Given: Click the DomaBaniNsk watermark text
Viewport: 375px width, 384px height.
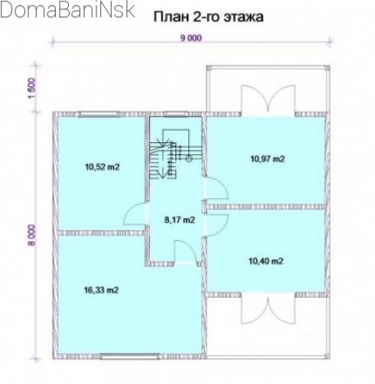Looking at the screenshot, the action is click(67, 10).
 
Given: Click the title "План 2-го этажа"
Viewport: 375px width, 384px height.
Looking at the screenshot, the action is click(208, 17).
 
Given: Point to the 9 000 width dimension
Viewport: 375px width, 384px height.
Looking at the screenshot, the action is click(191, 38).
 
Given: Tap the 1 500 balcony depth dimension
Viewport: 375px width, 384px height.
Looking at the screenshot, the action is click(32, 89).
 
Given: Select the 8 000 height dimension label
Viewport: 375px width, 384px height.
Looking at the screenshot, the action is click(31, 235).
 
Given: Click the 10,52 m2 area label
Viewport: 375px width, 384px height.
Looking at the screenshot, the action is click(102, 168).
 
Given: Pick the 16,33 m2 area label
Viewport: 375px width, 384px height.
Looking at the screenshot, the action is click(101, 290).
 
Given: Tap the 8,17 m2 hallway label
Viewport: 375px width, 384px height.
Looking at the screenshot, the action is click(180, 220).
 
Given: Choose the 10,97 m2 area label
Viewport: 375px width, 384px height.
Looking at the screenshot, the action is click(267, 159).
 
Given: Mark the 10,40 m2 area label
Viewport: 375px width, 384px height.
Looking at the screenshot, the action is click(266, 262).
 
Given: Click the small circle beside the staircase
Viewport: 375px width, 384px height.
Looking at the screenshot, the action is click(189, 159).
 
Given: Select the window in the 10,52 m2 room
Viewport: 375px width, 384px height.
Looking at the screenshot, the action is click(99, 114).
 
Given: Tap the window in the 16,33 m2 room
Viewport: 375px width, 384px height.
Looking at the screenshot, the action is click(129, 356).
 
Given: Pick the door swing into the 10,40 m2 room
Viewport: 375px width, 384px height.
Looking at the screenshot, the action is click(217, 223).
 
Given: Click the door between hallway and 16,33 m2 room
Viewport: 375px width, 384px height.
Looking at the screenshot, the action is click(186, 252).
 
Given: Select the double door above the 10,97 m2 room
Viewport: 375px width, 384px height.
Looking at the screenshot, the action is click(268, 99).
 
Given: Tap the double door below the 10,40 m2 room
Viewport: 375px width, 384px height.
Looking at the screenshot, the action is click(268, 309).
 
